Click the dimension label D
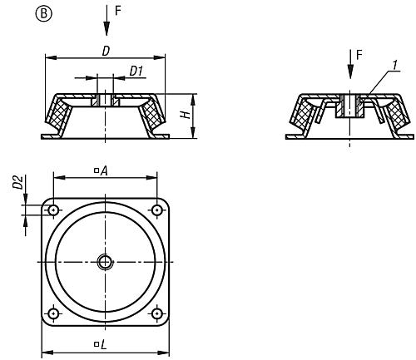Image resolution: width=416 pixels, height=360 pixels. coord(105,51)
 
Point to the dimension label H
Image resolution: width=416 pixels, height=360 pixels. coord(185,115)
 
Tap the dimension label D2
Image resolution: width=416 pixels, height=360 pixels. coord(16,184)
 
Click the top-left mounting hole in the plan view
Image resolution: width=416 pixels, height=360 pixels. coord(53,210)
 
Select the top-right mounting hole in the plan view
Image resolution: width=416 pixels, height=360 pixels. coord(157,210)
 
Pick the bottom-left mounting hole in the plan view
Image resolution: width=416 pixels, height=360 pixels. coord(53,313)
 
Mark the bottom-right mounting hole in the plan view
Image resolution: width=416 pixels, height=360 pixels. coord(157,313)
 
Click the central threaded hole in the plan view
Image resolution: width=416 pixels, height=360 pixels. coord(106,262)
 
